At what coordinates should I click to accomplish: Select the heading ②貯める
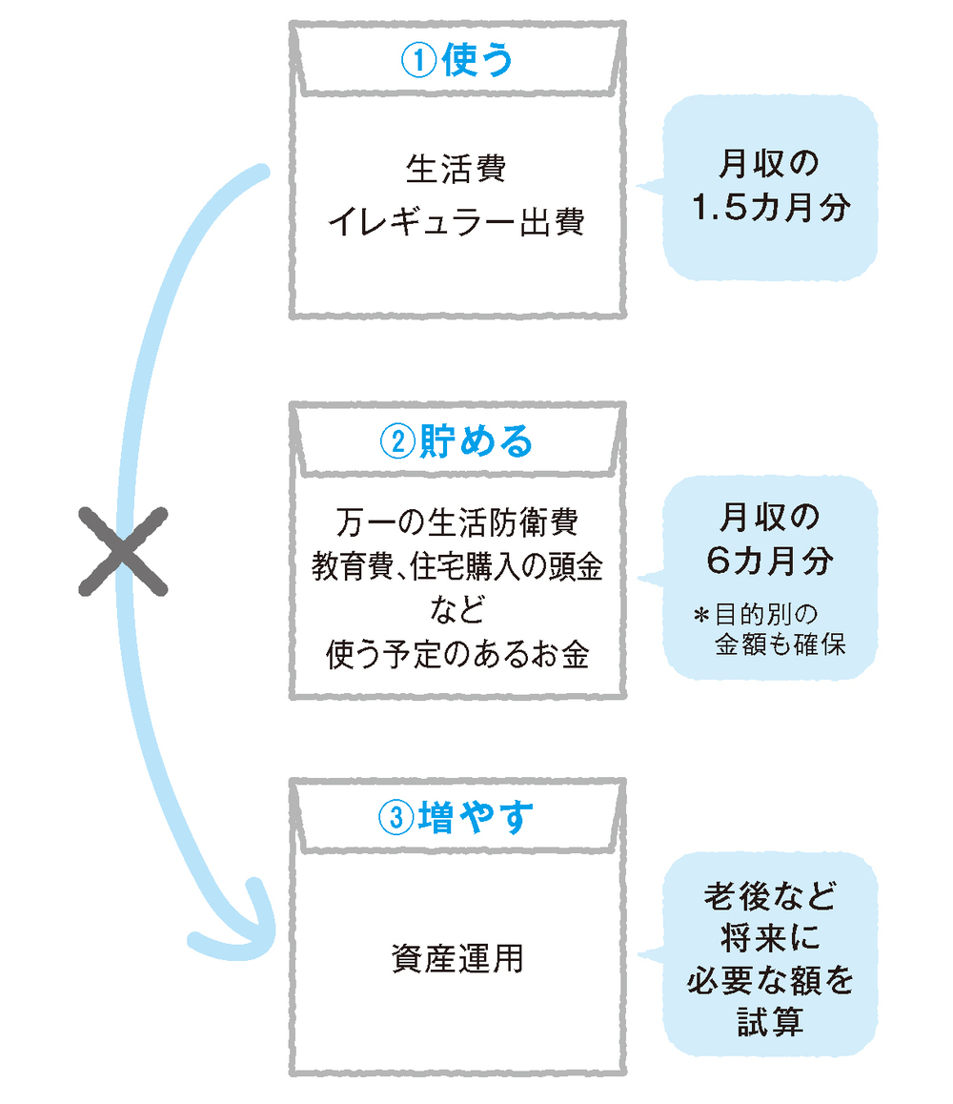(457, 441)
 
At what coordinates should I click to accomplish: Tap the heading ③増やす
(457, 817)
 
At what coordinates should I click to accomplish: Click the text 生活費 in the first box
(456, 171)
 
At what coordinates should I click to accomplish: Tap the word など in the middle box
(456, 610)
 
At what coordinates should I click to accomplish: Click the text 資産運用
(456, 957)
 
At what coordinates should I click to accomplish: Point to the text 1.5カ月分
(770, 209)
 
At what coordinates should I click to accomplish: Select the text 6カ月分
(770, 561)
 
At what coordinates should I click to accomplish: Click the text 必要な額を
(770, 981)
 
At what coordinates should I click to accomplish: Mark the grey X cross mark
(122, 551)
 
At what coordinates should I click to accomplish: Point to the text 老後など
(770, 897)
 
